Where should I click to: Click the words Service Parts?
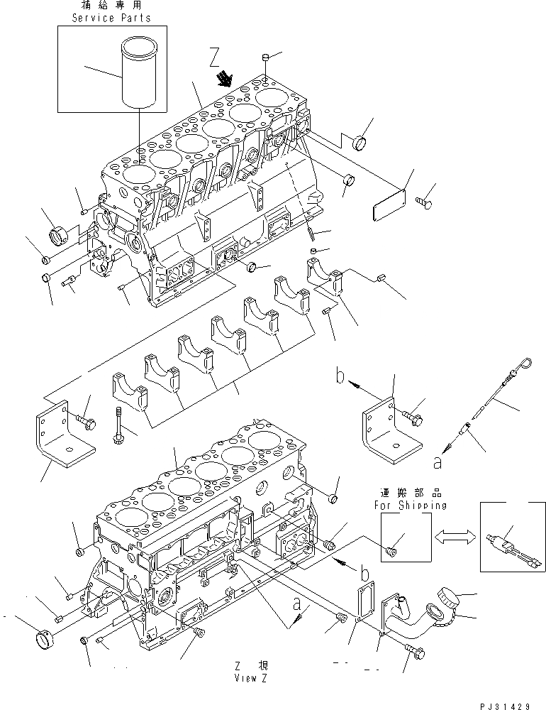112,18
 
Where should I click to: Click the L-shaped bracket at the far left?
62,437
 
